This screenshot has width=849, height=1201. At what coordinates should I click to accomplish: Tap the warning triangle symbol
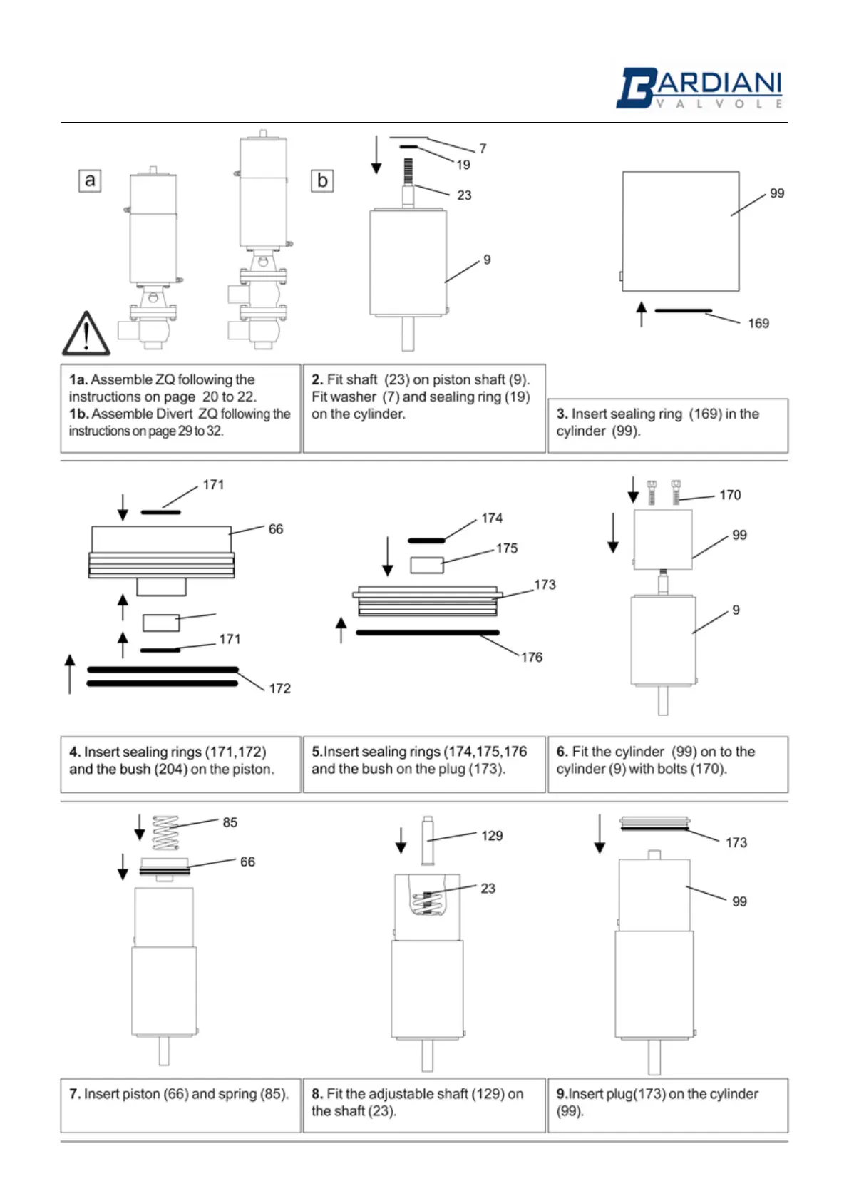point(86,334)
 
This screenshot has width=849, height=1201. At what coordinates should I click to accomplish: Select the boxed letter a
point(90,180)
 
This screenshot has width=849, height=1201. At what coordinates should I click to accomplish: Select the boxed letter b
point(322,180)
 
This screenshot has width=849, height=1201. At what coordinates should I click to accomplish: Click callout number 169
point(758,324)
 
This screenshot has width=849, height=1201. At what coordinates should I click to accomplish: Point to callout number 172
point(279,688)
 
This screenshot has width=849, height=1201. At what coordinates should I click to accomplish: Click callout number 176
point(532,658)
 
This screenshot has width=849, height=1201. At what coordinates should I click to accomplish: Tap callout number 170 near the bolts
point(730,495)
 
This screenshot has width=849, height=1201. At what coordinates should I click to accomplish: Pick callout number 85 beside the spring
point(230,822)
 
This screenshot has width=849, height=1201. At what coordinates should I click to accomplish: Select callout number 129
point(492,836)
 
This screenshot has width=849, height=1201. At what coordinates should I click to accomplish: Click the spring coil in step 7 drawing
point(166,833)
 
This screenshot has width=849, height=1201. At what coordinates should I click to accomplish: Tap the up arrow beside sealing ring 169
point(642,314)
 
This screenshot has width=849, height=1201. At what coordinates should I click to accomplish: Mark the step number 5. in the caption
point(317,752)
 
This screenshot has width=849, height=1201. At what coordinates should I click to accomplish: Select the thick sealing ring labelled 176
point(428,633)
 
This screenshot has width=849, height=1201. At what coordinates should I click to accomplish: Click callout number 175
point(507,548)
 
